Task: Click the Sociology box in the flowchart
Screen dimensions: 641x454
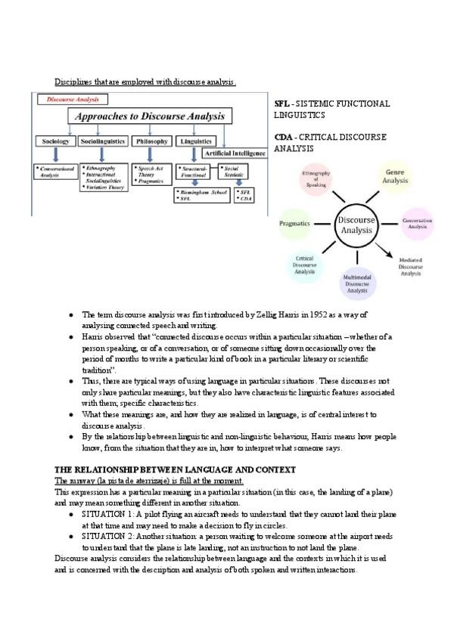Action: tap(56, 141)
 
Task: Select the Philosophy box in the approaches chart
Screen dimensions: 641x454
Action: tap(151, 141)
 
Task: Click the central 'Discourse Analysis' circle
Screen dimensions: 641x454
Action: tap(356, 224)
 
